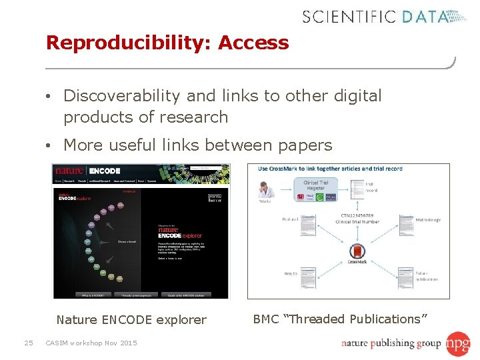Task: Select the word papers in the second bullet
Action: click(303, 145)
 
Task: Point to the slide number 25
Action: click(28, 343)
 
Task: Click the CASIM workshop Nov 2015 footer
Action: click(91, 343)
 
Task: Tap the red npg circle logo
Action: click(459, 343)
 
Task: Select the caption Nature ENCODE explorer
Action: click(131, 320)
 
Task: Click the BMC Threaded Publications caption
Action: click(340, 319)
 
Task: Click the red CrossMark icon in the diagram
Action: click(357, 252)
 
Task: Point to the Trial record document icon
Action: click(354, 189)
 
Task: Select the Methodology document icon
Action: click(407, 225)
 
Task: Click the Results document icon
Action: click(307, 277)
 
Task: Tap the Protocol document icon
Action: click(307, 225)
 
